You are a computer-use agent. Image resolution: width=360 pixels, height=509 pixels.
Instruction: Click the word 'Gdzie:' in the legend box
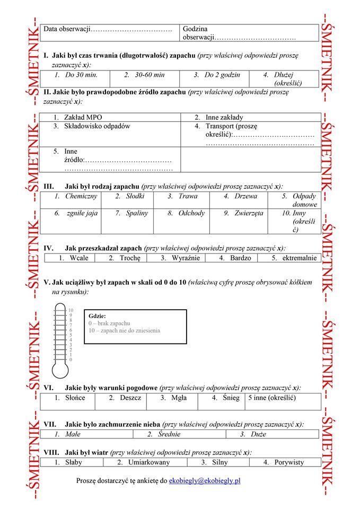pos(98,316)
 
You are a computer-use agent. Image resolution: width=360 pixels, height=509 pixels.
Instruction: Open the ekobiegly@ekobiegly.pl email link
pos(205,481)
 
